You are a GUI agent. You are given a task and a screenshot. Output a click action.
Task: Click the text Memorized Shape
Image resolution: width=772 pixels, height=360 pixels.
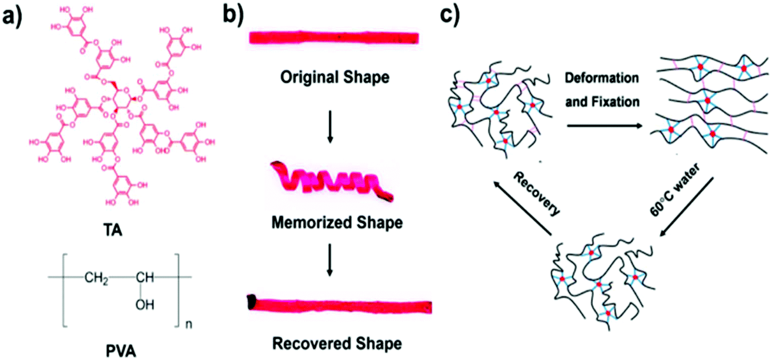pyautogui.click(x=336, y=222)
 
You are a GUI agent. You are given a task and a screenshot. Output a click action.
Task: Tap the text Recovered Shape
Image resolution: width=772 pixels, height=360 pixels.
pyautogui.click(x=337, y=343)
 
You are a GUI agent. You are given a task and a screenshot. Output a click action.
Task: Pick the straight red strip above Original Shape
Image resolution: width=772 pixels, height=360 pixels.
pyautogui.click(x=334, y=38)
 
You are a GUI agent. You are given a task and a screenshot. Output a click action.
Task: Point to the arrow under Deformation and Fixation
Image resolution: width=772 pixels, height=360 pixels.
pyautogui.click(x=603, y=126)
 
